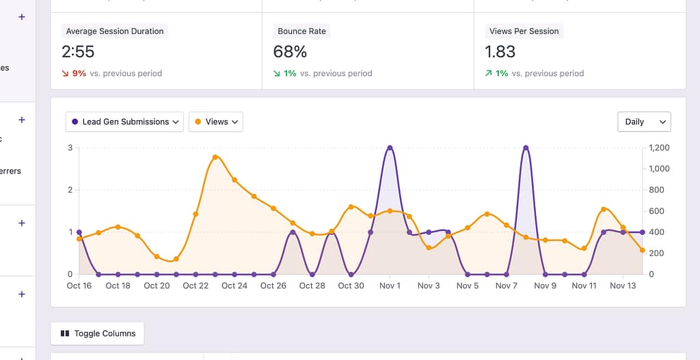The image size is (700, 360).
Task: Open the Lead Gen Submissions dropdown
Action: [x=125, y=122]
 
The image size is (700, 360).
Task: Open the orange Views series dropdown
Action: [x=215, y=122]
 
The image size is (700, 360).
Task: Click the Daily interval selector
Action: [x=644, y=122]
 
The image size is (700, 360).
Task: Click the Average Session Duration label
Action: [x=115, y=31]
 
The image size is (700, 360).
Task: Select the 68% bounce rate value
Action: [x=290, y=52]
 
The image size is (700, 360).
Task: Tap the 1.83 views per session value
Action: [x=500, y=52]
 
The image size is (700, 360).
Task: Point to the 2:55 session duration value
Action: [x=78, y=52]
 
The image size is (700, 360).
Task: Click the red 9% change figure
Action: [x=79, y=73]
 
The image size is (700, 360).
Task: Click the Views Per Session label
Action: [x=524, y=31]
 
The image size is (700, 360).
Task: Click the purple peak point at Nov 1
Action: [x=390, y=148]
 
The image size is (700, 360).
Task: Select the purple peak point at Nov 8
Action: [x=526, y=148]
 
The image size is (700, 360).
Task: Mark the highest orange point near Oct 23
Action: [x=215, y=157]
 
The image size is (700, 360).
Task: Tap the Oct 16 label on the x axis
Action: [x=79, y=286]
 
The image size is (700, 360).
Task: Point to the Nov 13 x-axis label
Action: [x=623, y=286]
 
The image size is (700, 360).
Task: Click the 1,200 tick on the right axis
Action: [x=659, y=148]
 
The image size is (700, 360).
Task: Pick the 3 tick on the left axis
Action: [x=70, y=148]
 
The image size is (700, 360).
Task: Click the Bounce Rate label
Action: [x=301, y=31]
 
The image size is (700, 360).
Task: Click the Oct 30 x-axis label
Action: [x=351, y=286]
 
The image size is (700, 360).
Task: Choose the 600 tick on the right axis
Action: [x=656, y=211]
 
